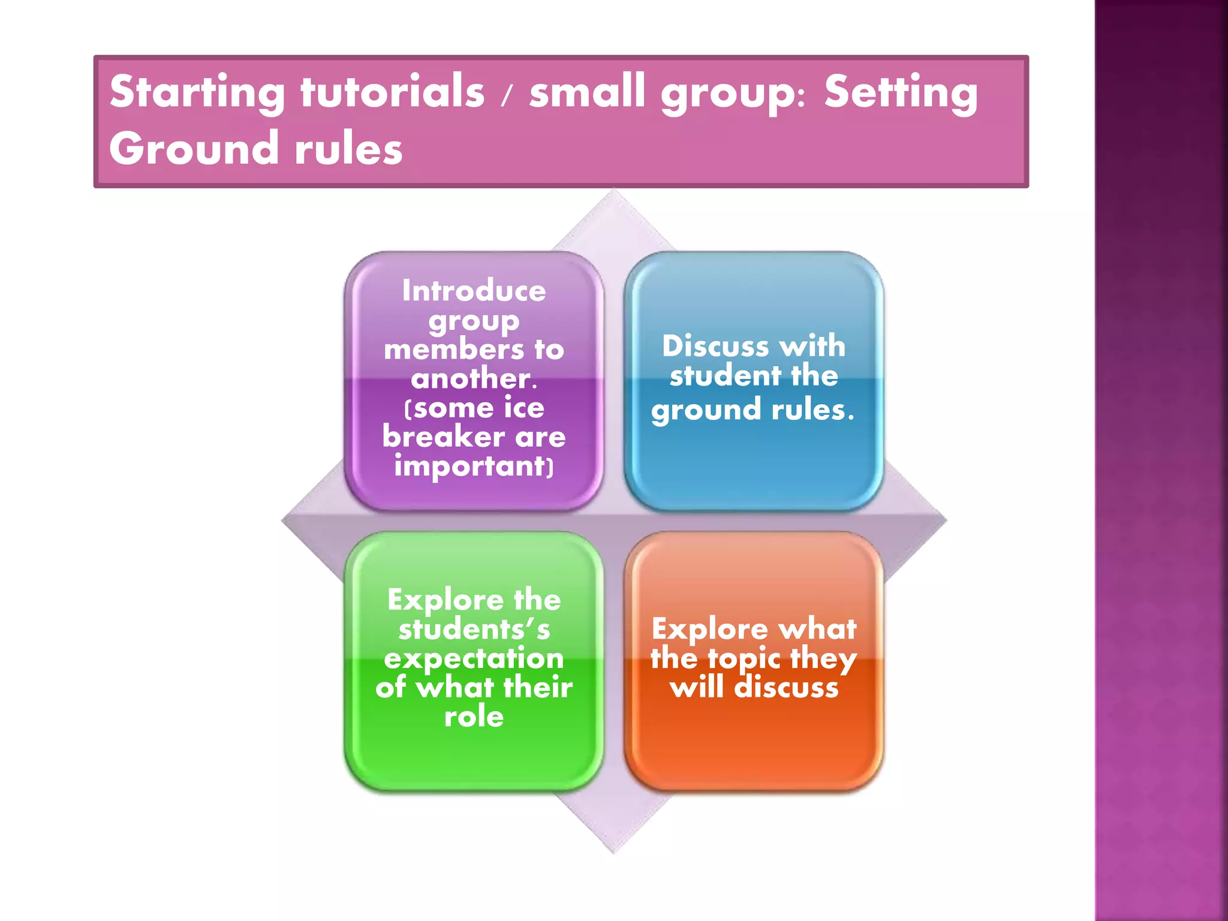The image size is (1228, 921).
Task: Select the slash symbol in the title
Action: coord(507,95)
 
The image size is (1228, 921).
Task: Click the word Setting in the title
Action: coord(901,92)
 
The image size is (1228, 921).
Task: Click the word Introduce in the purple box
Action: coord(474,291)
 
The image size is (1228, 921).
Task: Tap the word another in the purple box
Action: coord(471,378)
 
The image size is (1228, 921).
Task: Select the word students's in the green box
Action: coord(474,629)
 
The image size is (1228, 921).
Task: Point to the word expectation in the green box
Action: coord(474,659)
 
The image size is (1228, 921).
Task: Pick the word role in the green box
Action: coord(474,717)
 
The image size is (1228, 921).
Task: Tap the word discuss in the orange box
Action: coord(786,687)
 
